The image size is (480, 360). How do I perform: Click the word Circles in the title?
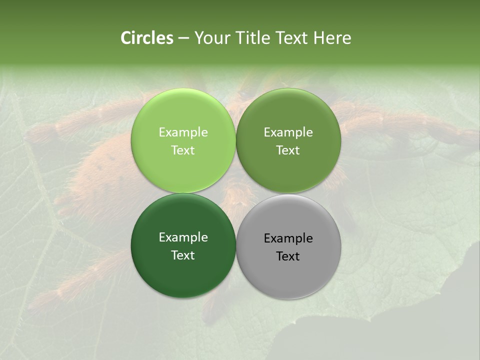(x=146, y=38)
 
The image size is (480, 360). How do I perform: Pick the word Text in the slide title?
(x=292, y=38)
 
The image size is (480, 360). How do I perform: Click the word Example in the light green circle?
(x=183, y=132)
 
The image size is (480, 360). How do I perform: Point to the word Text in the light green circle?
(x=183, y=150)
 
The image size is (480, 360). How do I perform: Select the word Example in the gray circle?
(x=288, y=238)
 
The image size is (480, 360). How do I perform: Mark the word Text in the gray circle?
(x=288, y=256)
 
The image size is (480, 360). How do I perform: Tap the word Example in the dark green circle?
(x=183, y=237)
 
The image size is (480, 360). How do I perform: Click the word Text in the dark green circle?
(x=183, y=255)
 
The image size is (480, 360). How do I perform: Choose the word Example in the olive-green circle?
(x=288, y=132)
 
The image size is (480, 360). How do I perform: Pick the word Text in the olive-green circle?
(x=288, y=150)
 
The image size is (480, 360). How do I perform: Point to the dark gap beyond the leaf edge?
(x=425, y=320)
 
